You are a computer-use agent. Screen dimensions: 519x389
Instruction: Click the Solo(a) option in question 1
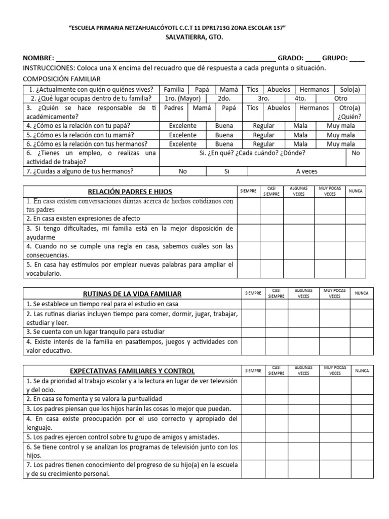[x=349, y=89]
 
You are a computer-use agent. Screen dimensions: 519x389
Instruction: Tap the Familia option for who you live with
[x=174, y=89]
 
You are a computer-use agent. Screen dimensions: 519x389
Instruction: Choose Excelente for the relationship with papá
[x=183, y=126]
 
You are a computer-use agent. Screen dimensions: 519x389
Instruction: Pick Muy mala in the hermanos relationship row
[x=340, y=144]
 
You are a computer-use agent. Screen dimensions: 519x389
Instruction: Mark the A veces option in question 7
[x=307, y=171]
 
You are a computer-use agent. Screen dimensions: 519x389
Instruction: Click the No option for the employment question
[x=356, y=153]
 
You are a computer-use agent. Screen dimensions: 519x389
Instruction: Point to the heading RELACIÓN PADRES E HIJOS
[x=130, y=191]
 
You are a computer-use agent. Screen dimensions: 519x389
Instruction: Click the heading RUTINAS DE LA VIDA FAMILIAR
[x=132, y=294]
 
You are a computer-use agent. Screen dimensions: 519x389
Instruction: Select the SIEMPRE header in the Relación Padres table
[x=248, y=191]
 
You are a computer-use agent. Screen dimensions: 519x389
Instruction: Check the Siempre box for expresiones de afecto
[x=248, y=218]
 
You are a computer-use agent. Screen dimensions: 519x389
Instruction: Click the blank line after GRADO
[x=313, y=58]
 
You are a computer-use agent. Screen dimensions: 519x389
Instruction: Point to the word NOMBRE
[x=38, y=58]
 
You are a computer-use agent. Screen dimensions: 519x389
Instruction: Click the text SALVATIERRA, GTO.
[x=194, y=38]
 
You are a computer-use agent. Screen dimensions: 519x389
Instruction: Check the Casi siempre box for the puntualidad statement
[x=276, y=399]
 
